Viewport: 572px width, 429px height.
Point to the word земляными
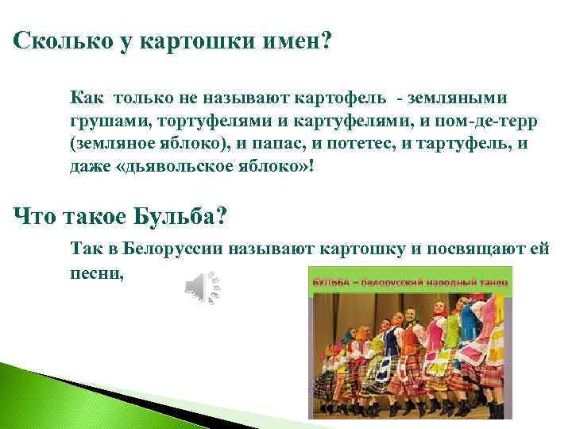(460, 99)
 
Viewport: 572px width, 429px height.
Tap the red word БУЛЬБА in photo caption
(332, 282)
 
